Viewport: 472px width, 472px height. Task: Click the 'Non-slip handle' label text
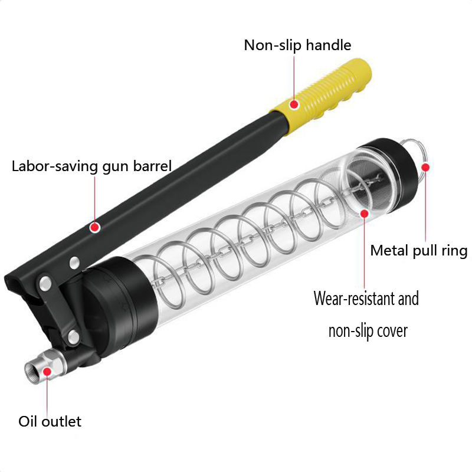(297, 45)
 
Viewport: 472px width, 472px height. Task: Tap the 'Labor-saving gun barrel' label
(91, 165)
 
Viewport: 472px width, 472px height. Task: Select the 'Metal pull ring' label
(418, 251)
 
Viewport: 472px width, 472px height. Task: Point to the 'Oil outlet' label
(50, 421)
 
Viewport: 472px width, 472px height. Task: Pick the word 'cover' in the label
(391, 330)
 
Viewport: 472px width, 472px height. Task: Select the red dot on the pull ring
(425, 167)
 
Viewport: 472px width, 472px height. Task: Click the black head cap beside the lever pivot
(112, 307)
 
